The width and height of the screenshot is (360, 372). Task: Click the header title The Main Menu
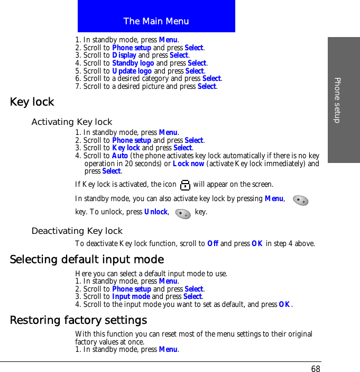[x=156, y=21]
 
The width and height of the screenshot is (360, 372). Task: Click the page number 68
[x=316, y=369]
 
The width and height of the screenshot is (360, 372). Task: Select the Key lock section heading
[x=32, y=102]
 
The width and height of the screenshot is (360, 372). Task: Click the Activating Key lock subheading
[x=72, y=122]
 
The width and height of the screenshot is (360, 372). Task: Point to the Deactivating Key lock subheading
[x=77, y=231]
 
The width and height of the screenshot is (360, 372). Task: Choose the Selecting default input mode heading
[x=87, y=260]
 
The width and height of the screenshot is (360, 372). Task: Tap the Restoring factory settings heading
[x=78, y=321]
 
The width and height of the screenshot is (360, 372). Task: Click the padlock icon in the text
[x=185, y=185]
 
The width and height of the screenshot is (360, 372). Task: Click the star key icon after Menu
[x=301, y=200]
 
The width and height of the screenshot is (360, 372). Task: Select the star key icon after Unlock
[x=183, y=213]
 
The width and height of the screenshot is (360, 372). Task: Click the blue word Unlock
[x=156, y=212]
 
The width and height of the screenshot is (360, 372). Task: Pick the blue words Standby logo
[x=133, y=63]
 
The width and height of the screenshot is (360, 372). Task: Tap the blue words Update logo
[x=132, y=71]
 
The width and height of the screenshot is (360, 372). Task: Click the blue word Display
[x=124, y=55]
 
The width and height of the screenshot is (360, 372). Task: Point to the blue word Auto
[x=120, y=156]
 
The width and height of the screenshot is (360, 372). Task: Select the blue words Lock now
[x=189, y=164]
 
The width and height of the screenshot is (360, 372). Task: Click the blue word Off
[x=213, y=244]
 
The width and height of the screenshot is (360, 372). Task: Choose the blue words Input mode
[x=131, y=297]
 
